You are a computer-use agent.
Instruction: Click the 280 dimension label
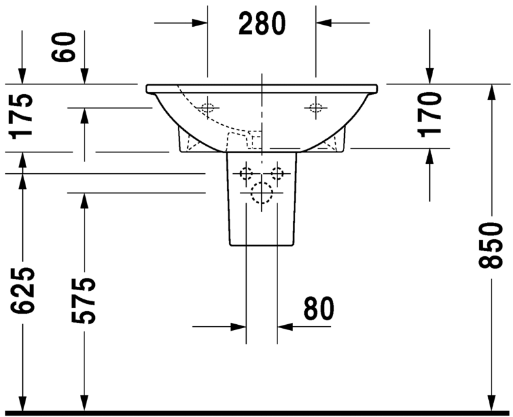coord(262,24)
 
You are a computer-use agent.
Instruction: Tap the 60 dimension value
coord(67,47)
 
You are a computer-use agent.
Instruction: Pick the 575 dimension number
coord(84,301)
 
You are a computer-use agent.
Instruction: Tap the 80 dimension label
coord(318,309)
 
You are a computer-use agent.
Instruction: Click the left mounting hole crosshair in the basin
coord(207,108)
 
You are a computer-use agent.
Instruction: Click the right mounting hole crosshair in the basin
coord(316,107)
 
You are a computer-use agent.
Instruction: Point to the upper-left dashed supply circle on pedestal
coord(246,174)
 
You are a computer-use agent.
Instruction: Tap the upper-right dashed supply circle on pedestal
coord(277,174)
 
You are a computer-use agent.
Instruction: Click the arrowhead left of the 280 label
coord(199,23)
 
